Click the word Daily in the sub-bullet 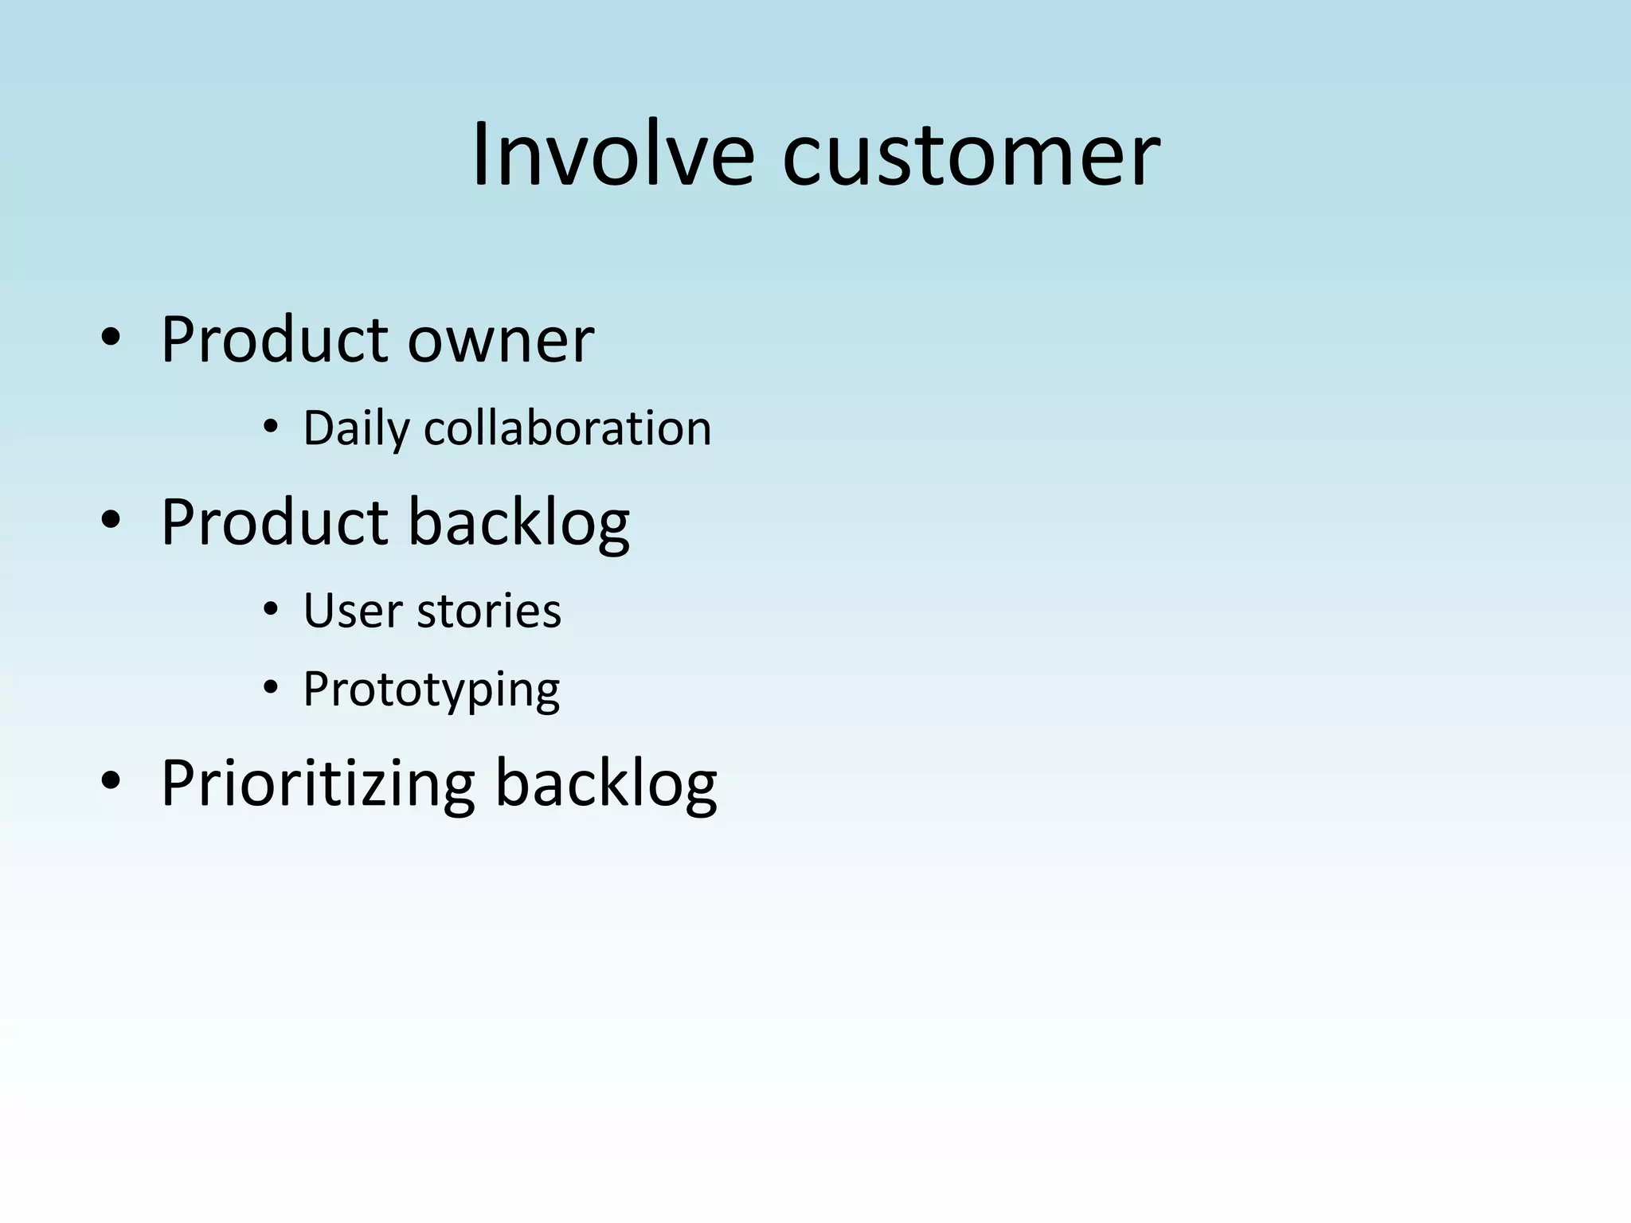click(x=355, y=430)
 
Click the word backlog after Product click(x=518, y=524)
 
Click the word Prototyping click(x=431, y=690)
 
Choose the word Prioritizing click(x=318, y=784)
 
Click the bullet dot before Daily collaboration click(x=271, y=428)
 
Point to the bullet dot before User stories click(x=271, y=611)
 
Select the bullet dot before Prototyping click(x=271, y=688)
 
